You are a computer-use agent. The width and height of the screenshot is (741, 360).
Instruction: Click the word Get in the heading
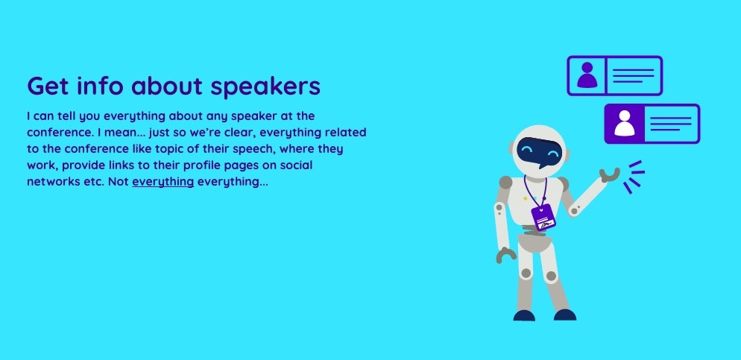click(x=46, y=86)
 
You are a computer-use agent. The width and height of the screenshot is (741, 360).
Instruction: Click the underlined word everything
click(x=163, y=182)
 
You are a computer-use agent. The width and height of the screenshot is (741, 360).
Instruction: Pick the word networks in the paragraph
click(x=52, y=182)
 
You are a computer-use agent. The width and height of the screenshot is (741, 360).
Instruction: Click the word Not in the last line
click(x=118, y=182)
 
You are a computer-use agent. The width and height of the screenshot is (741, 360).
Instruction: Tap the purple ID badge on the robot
click(x=543, y=216)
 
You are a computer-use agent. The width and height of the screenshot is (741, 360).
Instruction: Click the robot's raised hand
click(x=610, y=174)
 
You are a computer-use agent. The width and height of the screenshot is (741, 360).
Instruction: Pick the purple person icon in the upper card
click(x=587, y=75)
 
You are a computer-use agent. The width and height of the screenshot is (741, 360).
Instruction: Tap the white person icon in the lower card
click(x=624, y=124)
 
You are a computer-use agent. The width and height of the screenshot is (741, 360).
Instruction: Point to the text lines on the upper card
click(x=634, y=75)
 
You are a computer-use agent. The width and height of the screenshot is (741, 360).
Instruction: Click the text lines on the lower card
click(x=671, y=124)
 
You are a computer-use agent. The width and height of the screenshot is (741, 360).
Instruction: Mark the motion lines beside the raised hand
click(x=634, y=176)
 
